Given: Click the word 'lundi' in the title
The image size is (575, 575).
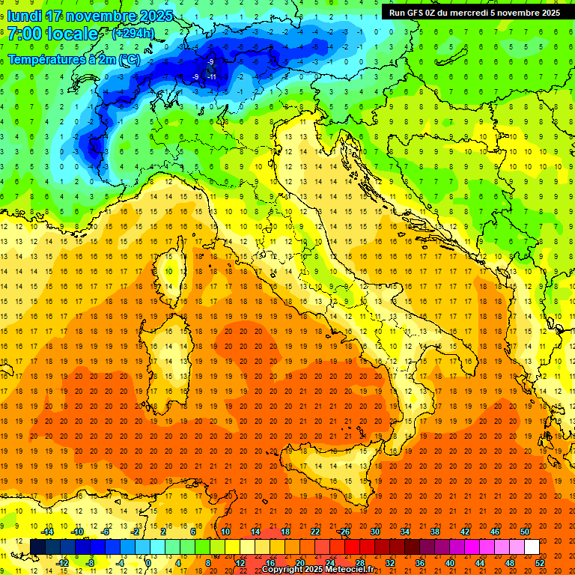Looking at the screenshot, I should click(24, 15).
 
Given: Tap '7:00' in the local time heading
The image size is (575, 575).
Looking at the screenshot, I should click(24, 34).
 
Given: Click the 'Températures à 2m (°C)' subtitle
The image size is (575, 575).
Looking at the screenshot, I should click(73, 58).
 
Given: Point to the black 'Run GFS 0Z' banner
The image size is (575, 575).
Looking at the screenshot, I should click(474, 12).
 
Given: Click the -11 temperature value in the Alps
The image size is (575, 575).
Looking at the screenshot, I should click(212, 76).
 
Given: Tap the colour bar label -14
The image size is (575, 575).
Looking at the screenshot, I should click(48, 531).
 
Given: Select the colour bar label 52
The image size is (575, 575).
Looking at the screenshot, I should click(541, 563).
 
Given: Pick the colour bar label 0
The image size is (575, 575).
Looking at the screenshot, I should click(148, 563).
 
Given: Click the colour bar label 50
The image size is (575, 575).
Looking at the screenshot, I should click(525, 531).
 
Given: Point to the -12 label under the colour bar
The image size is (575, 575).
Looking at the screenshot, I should click(63, 563).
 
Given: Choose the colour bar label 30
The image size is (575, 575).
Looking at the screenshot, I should click(374, 531).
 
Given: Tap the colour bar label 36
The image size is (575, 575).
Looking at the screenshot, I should click(419, 563).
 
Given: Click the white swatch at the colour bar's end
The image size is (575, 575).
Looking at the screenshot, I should click(532, 547).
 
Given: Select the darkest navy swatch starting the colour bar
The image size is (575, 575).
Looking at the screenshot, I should click(37, 547).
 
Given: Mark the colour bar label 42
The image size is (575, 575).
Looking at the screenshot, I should click(465, 531).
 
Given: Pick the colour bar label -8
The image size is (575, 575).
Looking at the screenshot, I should click(91, 563).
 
